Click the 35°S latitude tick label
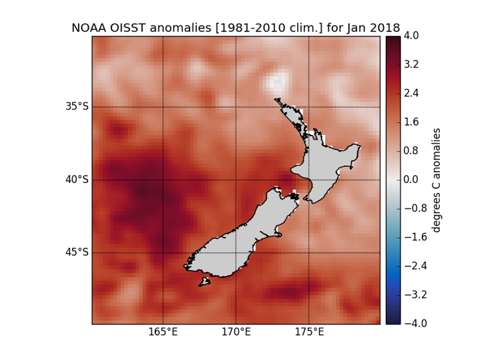(76, 107)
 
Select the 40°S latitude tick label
(76, 180)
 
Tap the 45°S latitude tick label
(76, 252)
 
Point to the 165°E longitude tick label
(164, 333)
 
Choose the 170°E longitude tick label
(236, 333)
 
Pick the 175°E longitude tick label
(308, 333)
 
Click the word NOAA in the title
(88, 28)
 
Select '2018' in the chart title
(385, 28)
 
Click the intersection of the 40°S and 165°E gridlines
(164, 180)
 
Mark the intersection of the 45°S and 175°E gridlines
(308, 252)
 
